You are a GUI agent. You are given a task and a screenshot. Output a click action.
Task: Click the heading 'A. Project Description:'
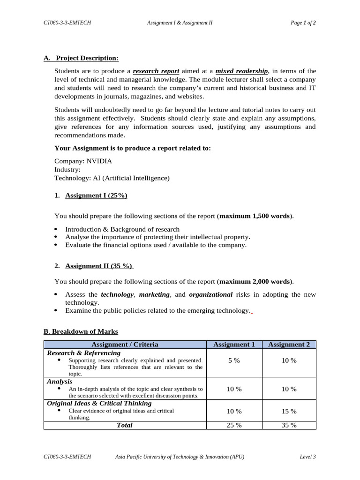click(81, 58)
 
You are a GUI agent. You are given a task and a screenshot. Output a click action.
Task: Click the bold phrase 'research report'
click(156, 71)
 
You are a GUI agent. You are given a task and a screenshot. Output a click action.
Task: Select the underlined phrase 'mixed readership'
click(241, 71)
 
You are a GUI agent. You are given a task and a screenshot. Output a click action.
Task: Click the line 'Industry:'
click(67, 170)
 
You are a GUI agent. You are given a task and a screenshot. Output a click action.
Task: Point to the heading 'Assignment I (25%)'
click(96, 195)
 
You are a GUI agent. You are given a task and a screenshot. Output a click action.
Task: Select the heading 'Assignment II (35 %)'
click(99, 266)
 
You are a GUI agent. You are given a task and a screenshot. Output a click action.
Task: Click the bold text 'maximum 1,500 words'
click(255, 216)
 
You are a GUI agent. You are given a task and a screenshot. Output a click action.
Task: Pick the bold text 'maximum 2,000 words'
click(255, 282)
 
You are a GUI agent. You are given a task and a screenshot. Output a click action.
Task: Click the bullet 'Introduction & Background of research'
click(122, 229)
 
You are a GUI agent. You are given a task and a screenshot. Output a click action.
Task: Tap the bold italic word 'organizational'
click(210, 294)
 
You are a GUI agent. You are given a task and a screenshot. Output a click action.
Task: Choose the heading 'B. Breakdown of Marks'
click(81, 331)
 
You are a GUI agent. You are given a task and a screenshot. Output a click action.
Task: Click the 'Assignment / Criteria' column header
click(125, 345)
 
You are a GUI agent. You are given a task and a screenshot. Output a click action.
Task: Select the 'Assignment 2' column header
click(289, 345)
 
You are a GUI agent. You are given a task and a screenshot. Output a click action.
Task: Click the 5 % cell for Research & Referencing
click(234, 360)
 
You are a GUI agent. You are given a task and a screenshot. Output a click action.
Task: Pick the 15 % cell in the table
click(289, 411)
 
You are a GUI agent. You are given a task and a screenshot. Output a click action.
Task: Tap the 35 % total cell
click(289, 425)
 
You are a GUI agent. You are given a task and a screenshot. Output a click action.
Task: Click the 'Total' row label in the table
click(125, 425)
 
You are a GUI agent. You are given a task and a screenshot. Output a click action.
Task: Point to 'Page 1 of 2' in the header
click(303, 22)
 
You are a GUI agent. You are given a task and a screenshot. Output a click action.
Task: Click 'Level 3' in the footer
click(307, 457)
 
